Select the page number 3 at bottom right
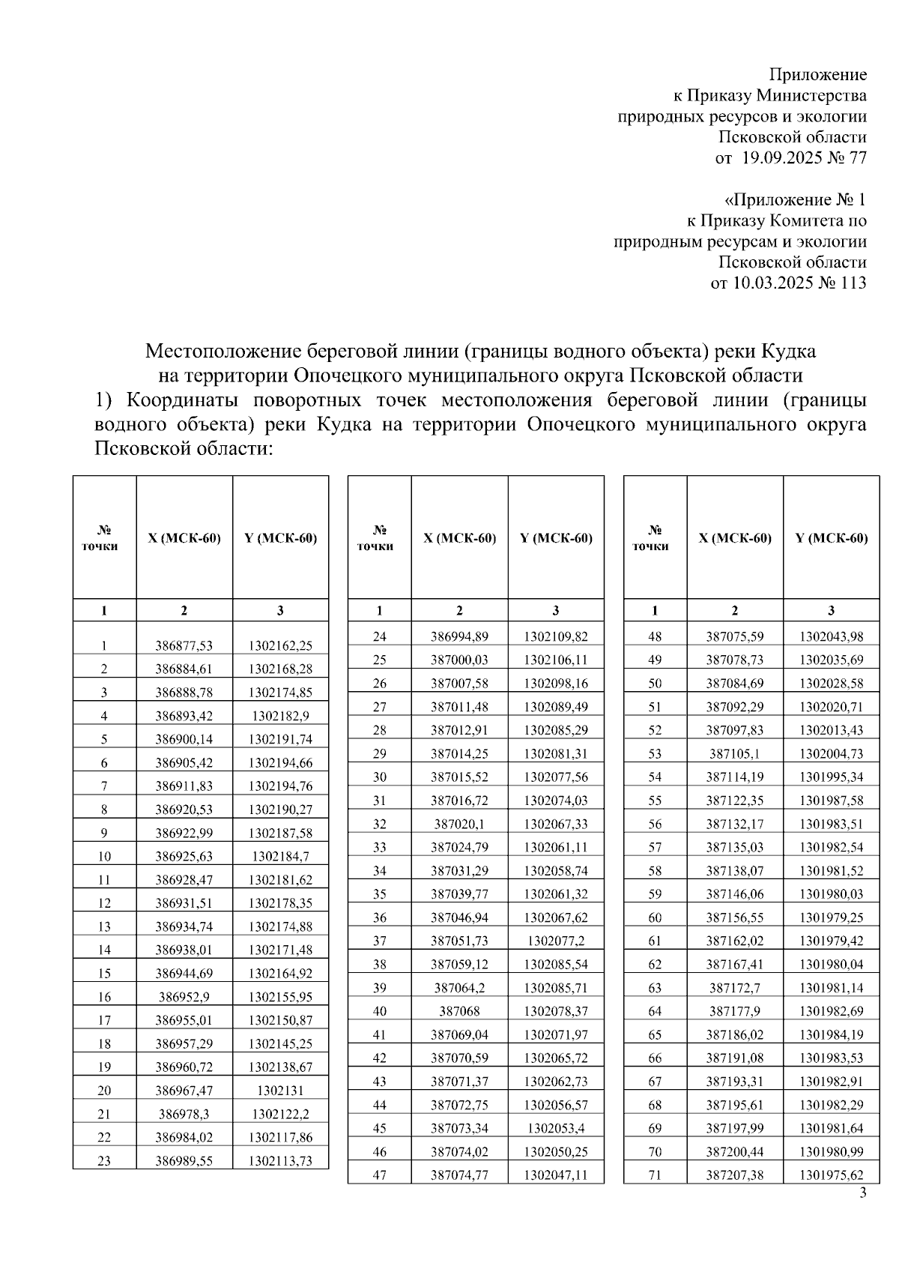[862, 1194]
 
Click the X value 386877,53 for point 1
[184, 645]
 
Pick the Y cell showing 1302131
[280, 1091]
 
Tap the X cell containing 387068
[459, 1011]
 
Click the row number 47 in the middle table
[379, 1175]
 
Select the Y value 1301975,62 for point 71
[831, 1175]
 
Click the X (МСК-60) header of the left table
[184, 539]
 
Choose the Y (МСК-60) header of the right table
[831, 539]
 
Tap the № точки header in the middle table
[379, 539]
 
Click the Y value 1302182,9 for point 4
[280, 716]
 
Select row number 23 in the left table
[104, 1161]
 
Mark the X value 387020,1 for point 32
[459, 825]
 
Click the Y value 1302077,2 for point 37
[555, 941]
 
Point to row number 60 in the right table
[655, 918]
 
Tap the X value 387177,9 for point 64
[734, 1011]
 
